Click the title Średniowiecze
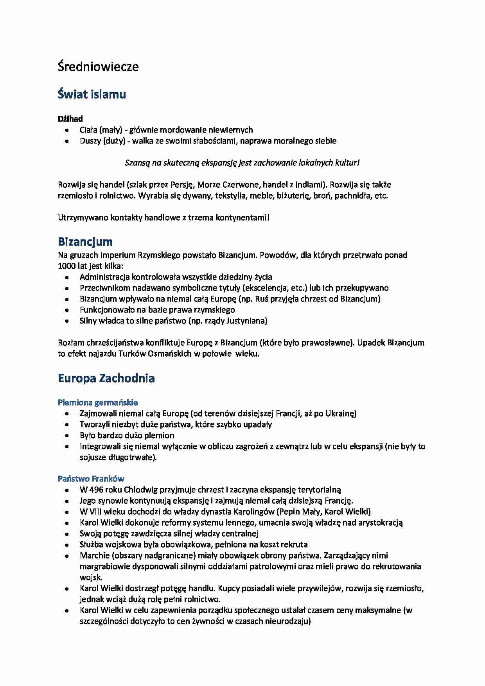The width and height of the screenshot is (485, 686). click(98, 66)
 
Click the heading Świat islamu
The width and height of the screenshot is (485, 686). click(92, 94)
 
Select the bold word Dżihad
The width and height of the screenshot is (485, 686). click(70, 119)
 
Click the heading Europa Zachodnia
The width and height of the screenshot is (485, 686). click(106, 378)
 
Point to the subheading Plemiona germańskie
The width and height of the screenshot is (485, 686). click(98, 402)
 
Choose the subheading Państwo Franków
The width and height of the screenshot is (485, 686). click(91, 478)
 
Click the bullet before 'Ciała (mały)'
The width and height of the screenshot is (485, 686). click(68, 130)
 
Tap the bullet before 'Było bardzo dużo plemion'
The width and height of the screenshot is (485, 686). click(68, 436)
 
